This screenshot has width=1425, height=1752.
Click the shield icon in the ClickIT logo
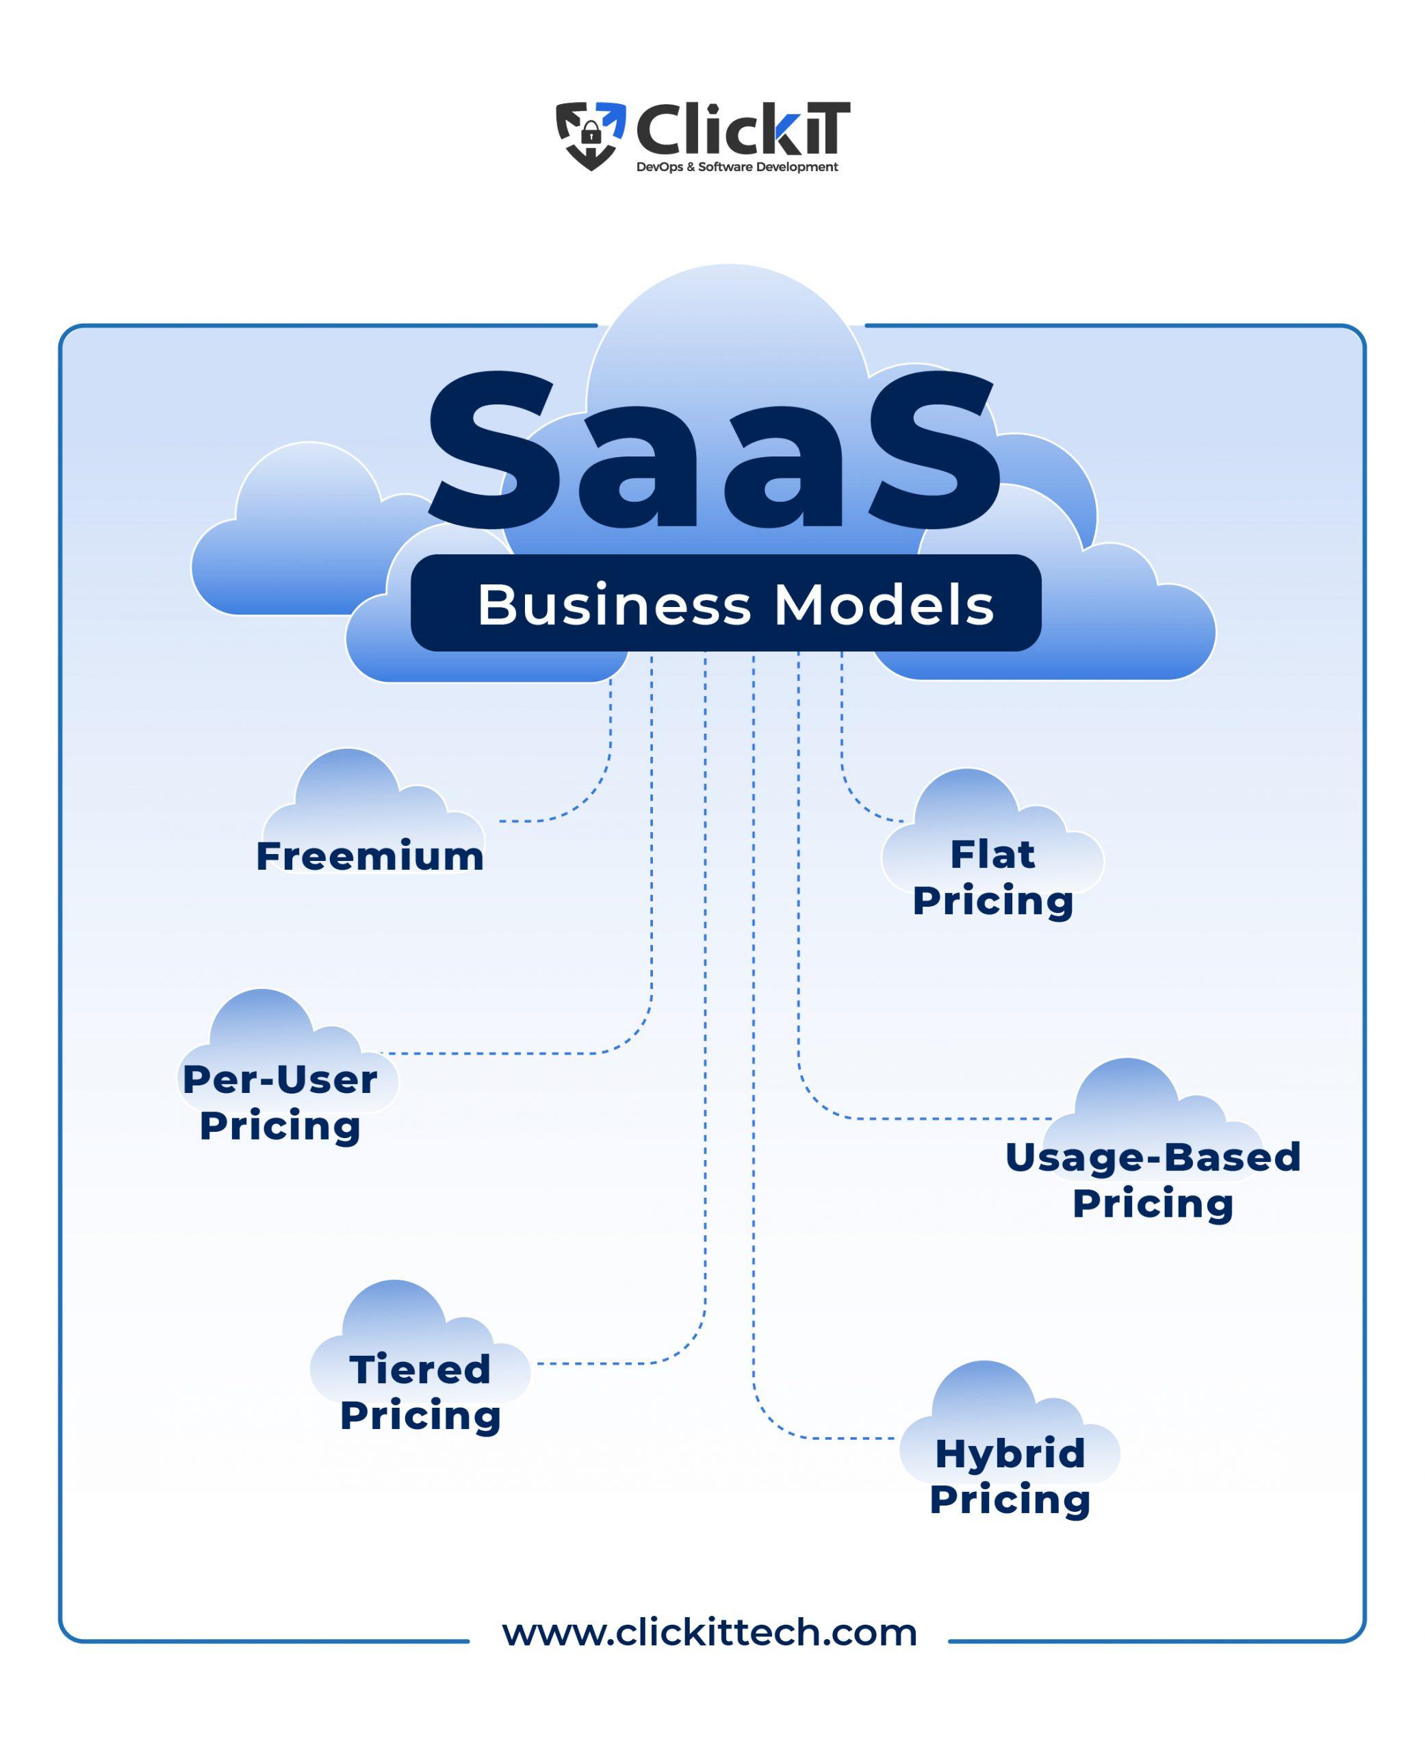coord(590,135)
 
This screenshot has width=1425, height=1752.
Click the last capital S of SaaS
coord(934,450)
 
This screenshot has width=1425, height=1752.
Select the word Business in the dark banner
coord(614,606)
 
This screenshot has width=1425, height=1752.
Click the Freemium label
coord(370,856)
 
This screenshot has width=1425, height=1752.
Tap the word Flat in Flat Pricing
coord(992,854)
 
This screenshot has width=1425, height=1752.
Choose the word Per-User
coord(280,1079)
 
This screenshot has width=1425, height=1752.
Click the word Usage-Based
coord(1153,1157)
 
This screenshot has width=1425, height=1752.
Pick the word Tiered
coord(420,1369)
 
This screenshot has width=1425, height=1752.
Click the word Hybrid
coord(1010,1454)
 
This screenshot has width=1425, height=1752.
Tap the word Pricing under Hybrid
coord(1010,1499)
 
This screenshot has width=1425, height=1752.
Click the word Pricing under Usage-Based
coord(1153,1203)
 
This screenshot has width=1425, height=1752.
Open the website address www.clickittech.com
coord(709,1632)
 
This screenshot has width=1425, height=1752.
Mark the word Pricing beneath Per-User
coord(280,1125)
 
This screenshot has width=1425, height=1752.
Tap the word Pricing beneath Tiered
coord(420,1415)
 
